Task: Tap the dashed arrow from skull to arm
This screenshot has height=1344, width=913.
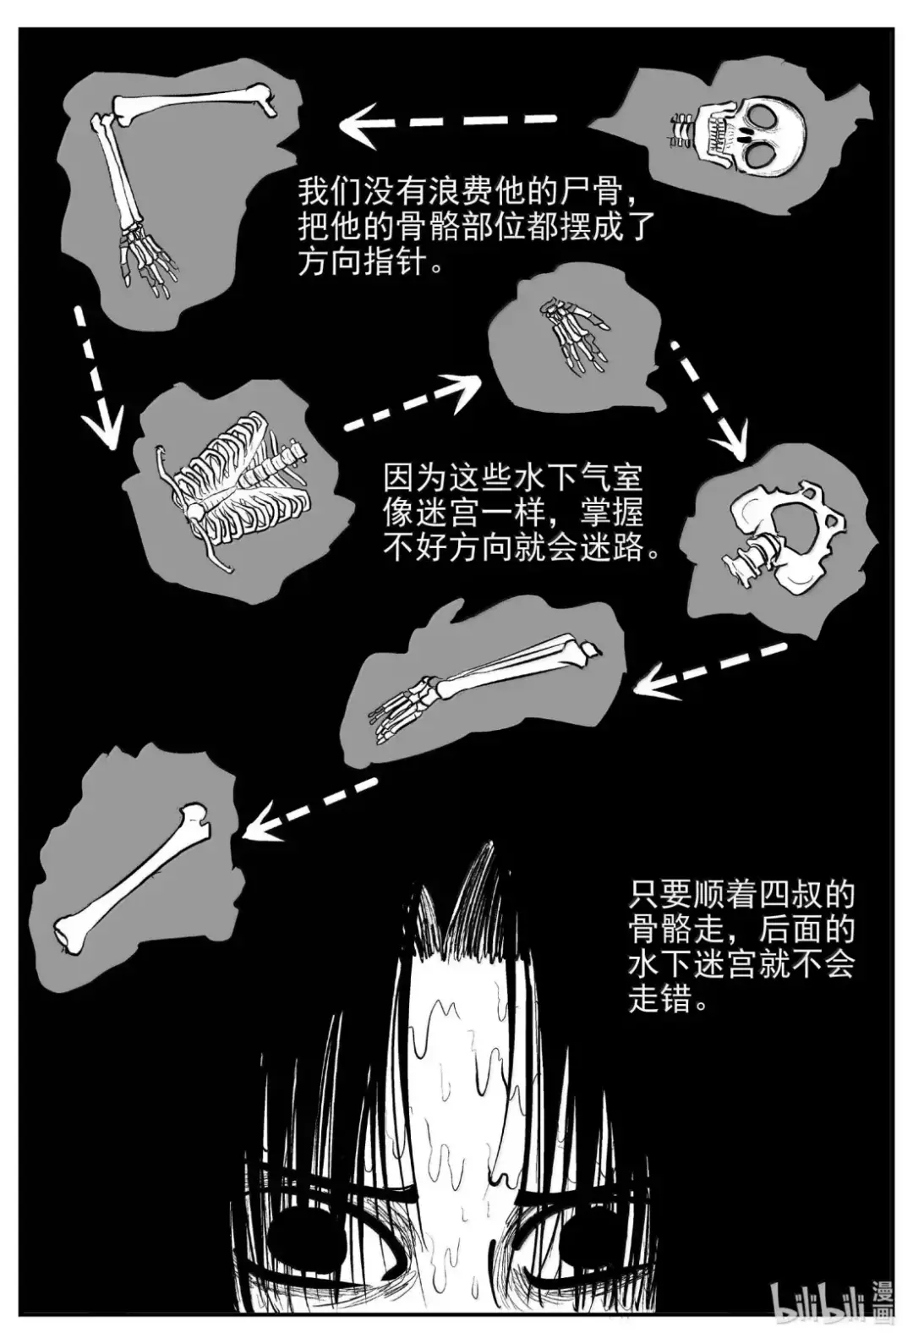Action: [x=447, y=124]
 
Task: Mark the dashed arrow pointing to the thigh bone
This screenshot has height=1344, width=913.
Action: [x=310, y=809]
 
